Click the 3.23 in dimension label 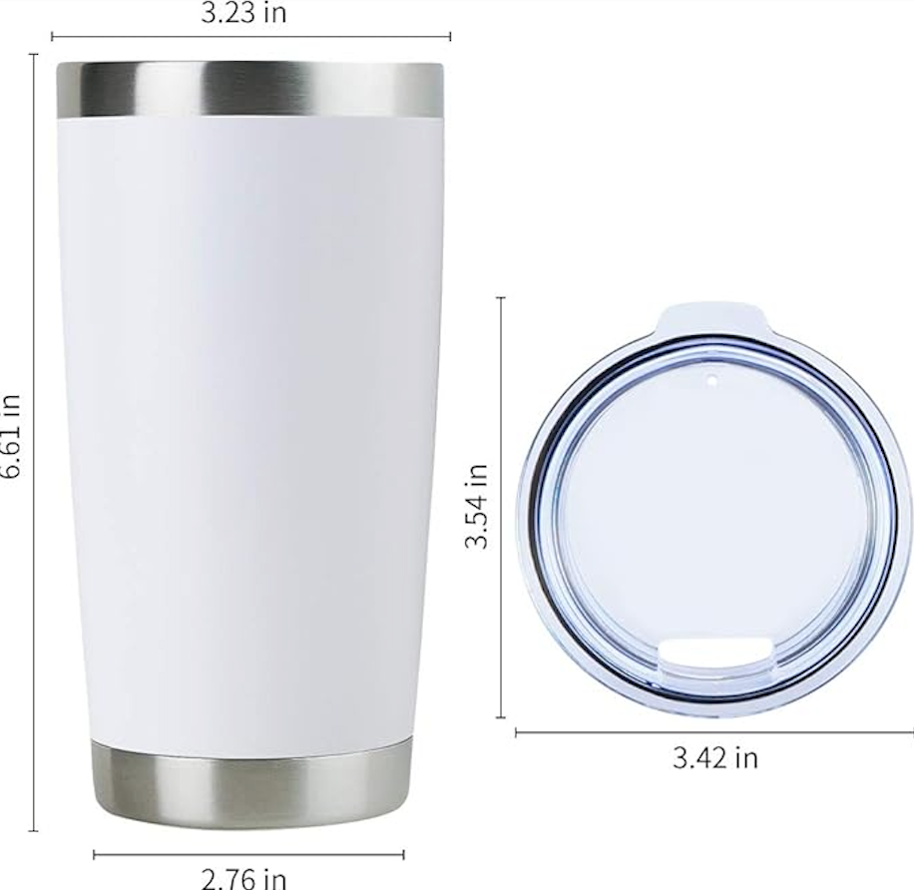point(250,13)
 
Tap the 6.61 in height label point(10,436)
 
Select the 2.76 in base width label point(244,878)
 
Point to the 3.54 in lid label point(478,506)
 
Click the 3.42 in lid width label point(713,757)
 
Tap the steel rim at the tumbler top point(249,90)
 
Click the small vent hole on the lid point(711,380)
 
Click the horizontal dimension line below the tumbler point(248,855)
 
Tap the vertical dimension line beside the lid point(501,599)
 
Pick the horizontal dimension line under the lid point(713,733)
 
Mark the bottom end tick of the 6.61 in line point(34,830)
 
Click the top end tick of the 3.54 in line point(501,297)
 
